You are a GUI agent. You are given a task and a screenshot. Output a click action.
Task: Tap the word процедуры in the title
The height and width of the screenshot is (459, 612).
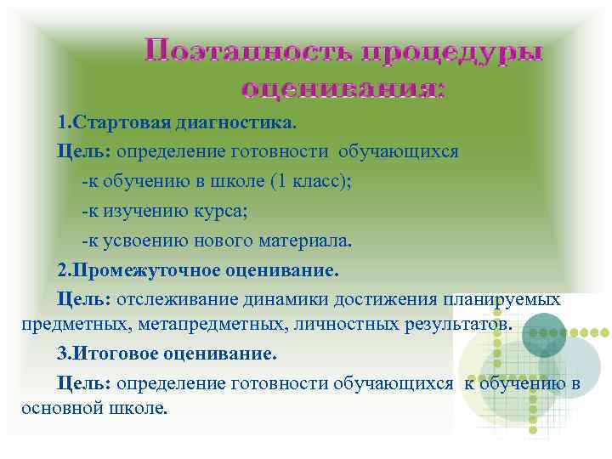click(x=453, y=52)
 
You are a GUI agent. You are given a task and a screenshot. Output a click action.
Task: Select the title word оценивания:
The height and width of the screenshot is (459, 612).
click(x=343, y=88)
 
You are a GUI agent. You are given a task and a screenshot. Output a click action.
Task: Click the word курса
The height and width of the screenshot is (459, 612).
click(x=224, y=211)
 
